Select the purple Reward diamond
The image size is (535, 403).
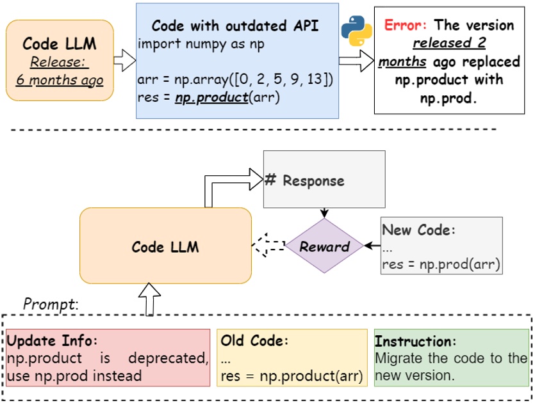pyautogui.click(x=325, y=246)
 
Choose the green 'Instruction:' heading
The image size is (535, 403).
pyautogui.click(x=415, y=341)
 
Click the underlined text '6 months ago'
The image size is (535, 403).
pyautogui.click(x=60, y=81)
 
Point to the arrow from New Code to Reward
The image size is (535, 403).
pyautogui.click(x=371, y=246)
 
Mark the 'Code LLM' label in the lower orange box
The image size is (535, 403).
pyautogui.click(x=165, y=247)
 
